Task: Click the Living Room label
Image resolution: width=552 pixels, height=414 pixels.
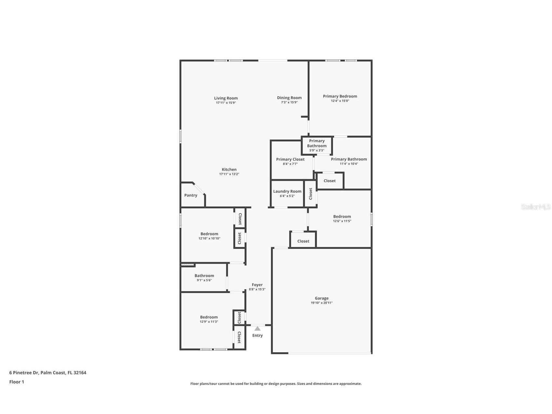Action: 226,98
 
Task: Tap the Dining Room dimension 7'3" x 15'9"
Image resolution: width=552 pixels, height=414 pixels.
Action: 289,102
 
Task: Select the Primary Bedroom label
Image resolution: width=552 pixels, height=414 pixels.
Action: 340,96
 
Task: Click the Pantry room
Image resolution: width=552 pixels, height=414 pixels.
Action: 191,195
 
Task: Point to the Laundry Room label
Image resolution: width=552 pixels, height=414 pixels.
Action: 287,191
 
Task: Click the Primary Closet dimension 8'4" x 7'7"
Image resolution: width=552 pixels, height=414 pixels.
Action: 290,164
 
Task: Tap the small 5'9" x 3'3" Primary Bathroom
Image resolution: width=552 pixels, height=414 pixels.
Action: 316,145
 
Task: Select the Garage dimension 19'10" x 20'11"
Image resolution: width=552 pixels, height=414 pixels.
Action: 321,303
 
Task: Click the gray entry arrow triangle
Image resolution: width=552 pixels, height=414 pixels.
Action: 257,328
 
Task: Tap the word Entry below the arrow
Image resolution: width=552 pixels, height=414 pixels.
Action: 257,336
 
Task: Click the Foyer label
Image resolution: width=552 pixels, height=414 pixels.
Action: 257,285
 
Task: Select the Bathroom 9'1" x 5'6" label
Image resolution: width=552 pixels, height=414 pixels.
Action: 204,276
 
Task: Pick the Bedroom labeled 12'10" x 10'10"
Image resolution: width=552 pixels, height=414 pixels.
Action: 209,234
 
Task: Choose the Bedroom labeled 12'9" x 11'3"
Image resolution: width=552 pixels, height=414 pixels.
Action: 209,317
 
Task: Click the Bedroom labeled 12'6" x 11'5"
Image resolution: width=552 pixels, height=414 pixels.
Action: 342,216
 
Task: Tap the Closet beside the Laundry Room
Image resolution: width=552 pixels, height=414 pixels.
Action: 311,194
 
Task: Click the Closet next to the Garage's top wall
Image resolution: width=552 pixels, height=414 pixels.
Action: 303,241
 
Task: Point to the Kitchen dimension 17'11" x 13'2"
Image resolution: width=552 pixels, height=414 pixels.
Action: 229,174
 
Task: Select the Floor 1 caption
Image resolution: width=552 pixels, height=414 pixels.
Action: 17,382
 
